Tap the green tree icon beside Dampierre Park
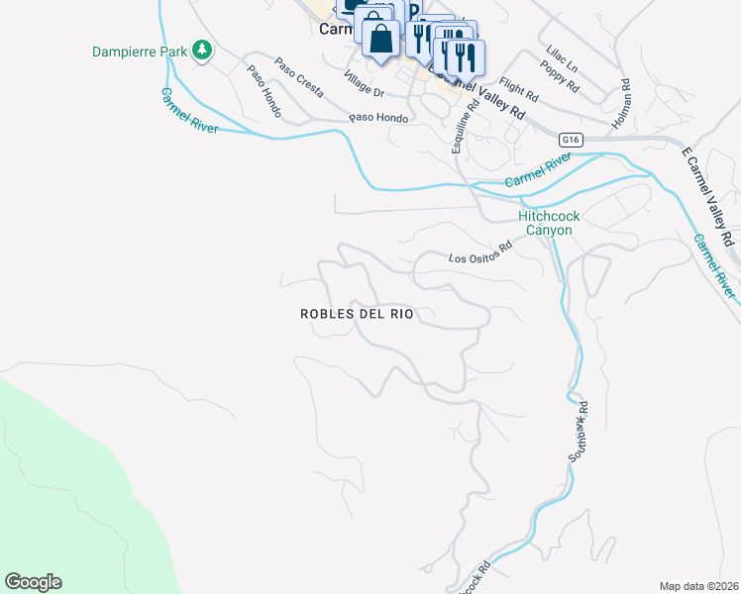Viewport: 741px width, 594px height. (x=202, y=49)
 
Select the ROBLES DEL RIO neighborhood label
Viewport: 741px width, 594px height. (x=357, y=314)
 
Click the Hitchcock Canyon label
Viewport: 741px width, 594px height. (x=549, y=223)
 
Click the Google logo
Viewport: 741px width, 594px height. (x=33, y=582)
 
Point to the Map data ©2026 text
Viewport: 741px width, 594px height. (x=698, y=586)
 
